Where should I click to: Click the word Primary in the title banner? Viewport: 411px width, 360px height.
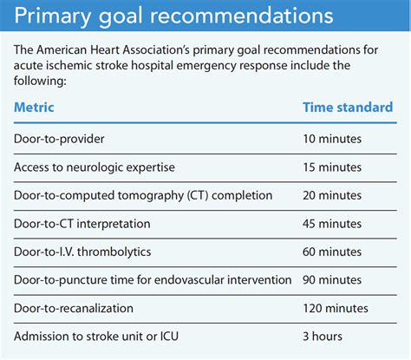(x=52, y=16)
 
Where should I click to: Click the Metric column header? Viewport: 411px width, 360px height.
(x=34, y=108)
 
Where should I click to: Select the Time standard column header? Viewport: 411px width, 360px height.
(x=348, y=108)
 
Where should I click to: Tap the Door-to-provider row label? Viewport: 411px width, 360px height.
(x=59, y=139)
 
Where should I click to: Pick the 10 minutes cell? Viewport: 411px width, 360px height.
(x=332, y=139)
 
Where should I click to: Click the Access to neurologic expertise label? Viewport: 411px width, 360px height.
(x=95, y=167)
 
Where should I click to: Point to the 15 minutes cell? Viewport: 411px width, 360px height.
(x=332, y=167)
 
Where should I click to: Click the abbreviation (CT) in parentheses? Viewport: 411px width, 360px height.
(x=198, y=195)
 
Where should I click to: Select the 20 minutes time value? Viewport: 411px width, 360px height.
(x=332, y=195)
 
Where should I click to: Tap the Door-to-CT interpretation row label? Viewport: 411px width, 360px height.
(x=82, y=224)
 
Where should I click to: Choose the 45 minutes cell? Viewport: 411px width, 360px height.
(x=332, y=224)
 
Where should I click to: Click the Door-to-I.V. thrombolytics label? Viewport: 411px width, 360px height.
(x=82, y=252)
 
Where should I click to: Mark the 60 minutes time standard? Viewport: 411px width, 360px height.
(x=332, y=252)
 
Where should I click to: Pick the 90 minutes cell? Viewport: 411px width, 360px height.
(x=332, y=280)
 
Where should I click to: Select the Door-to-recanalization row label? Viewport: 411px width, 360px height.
(x=74, y=308)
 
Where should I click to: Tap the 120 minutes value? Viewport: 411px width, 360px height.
(x=336, y=308)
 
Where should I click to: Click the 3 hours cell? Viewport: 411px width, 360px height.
(x=323, y=337)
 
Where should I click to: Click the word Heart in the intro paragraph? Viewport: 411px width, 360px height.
(x=105, y=50)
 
